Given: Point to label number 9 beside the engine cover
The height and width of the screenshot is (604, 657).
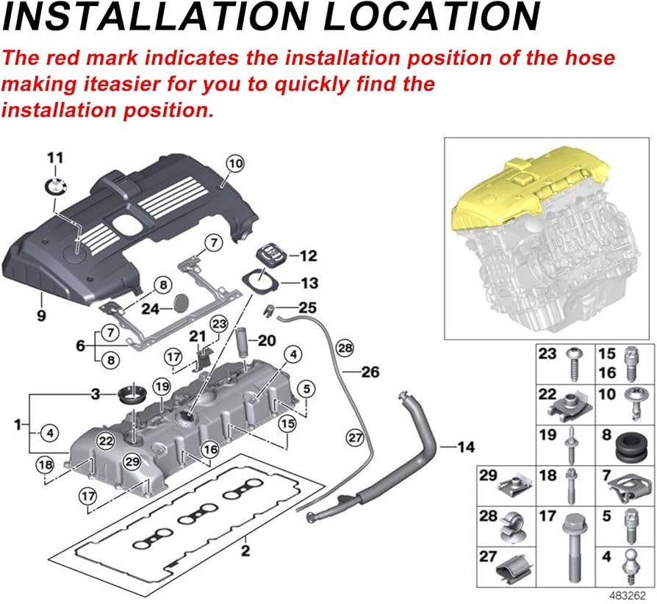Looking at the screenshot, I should tap(41, 316).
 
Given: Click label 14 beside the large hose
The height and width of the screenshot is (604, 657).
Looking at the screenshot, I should tap(465, 446).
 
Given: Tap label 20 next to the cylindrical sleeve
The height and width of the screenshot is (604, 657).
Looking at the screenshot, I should tap(266, 340).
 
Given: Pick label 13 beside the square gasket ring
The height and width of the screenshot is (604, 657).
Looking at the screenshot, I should tap(309, 283).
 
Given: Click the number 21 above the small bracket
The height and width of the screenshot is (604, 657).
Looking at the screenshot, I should tap(198, 336).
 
